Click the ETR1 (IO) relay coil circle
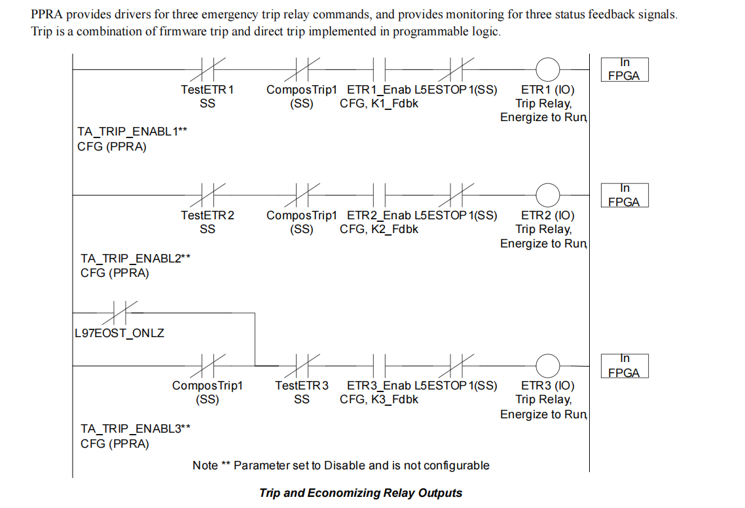pyautogui.click(x=548, y=68)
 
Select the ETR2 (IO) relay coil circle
pyautogui.click(x=548, y=194)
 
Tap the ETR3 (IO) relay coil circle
pyautogui.click(x=548, y=365)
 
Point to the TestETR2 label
pyautogui.click(x=207, y=215)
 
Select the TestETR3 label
pyautogui.click(x=302, y=386)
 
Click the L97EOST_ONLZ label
pyautogui.click(x=119, y=333)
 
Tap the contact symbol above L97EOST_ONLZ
pyautogui.click(x=120, y=313)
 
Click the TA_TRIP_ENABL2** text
pyautogui.click(x=136, y=259)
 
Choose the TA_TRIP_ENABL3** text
pyautogui.click(x=136, y=429)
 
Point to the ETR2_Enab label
pyautogui.click(x=379, y=215)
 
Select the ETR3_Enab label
pyautogui.click(x=379, y=386)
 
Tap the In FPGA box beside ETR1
pyautogui.click(x=624, y=69)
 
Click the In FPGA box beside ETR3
pyautogui.click(x=624, y=366)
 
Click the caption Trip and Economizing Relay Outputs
pyautogui.click(x=361, y=493)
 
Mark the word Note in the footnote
pyautogui.click(x=205, y=465)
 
